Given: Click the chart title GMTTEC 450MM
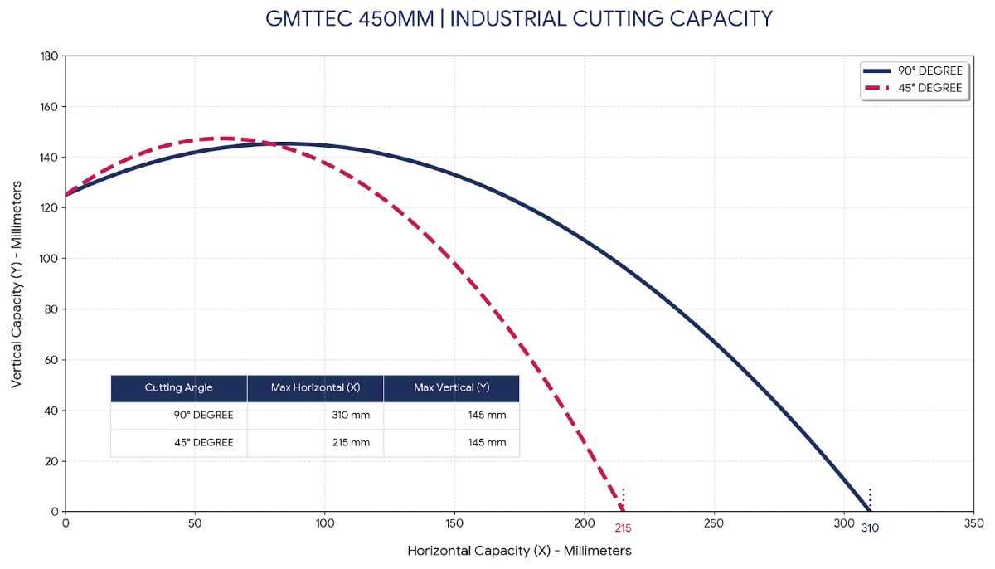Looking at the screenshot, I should [x=519, y=18].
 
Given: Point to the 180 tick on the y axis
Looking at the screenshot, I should [x=47, y=56].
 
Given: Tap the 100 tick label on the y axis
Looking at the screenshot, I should [x=47, y=259].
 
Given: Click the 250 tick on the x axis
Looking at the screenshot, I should [x=714, y=524].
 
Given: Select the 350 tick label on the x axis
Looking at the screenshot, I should [x=973, y=524].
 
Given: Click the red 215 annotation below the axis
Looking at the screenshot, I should [x=623, y=528].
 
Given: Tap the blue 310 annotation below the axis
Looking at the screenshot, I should [x=870, y=528].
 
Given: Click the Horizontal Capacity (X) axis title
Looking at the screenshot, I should [x=519, y=551].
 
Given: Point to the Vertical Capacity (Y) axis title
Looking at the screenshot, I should [x=17, y=284].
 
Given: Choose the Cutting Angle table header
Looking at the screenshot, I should [x=178, y=388].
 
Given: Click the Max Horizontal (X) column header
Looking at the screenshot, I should [x=315, y=388].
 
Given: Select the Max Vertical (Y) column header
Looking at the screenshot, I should [x=451, y=388].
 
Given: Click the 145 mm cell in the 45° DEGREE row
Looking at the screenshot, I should [x=487, y=443].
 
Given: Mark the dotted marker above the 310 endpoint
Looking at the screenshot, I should [x=870, y=495].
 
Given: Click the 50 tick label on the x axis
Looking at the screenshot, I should [x=195, y=524].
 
